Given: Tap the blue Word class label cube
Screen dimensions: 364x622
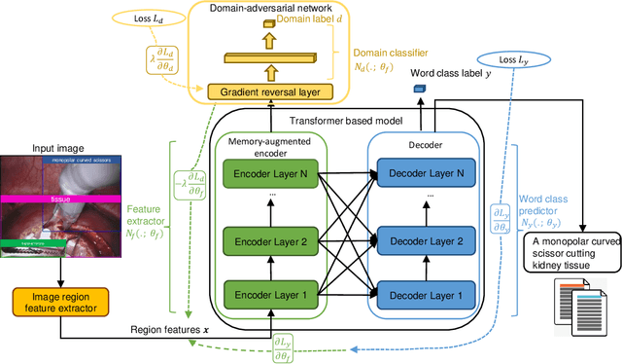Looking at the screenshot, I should pyautogui.click(x=420, y=90).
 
